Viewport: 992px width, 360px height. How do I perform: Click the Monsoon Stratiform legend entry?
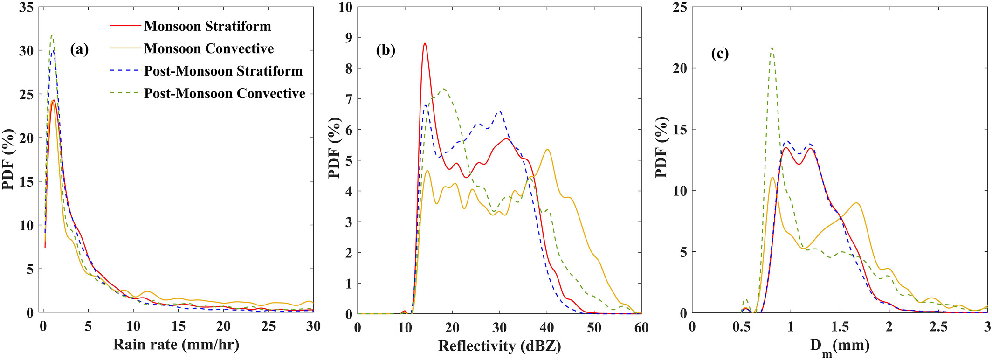[x=207, y=26]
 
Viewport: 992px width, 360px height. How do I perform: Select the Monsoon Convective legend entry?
[x=209, y=48]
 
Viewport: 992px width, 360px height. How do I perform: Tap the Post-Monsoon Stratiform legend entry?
[x=223, y=71]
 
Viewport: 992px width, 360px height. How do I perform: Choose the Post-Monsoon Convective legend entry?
[x=224, y=93]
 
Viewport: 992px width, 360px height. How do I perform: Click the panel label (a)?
[x=79, y=49]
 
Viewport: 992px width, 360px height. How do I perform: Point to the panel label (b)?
[x=386, y=50]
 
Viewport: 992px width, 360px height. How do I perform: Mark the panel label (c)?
[x=720, y=54]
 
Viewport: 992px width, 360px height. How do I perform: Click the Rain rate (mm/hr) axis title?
[x=176, y=345]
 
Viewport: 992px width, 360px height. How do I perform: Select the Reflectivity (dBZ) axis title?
[x=499, y=346]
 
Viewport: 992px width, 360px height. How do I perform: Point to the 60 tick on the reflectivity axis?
[x=641, y=327]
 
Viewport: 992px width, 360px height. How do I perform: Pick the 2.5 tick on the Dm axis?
[x=938, y=327]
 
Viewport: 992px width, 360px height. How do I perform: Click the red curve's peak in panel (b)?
[x=425, y=43]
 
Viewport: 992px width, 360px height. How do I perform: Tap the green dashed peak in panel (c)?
[x=772, y=48]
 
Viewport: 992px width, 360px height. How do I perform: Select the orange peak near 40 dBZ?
[x=547, y=150]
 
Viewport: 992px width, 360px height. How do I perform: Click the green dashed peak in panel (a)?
[x=52, y=35]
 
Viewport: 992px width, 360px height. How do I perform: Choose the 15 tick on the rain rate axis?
[x=178, y=326]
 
